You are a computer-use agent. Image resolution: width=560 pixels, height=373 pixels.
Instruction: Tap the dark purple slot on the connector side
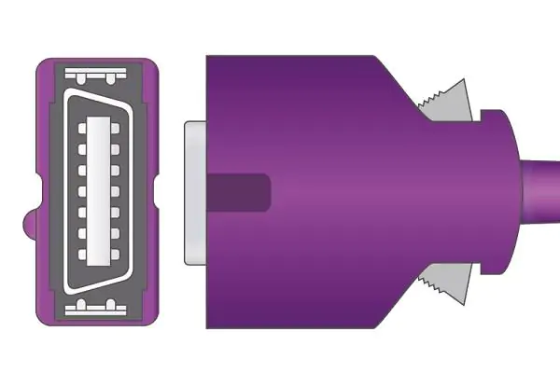coord(238,192)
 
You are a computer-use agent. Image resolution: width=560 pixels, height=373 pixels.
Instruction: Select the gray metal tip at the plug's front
coord(195,192)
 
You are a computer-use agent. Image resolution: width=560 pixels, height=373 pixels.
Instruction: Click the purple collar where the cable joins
coord(499,192)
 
